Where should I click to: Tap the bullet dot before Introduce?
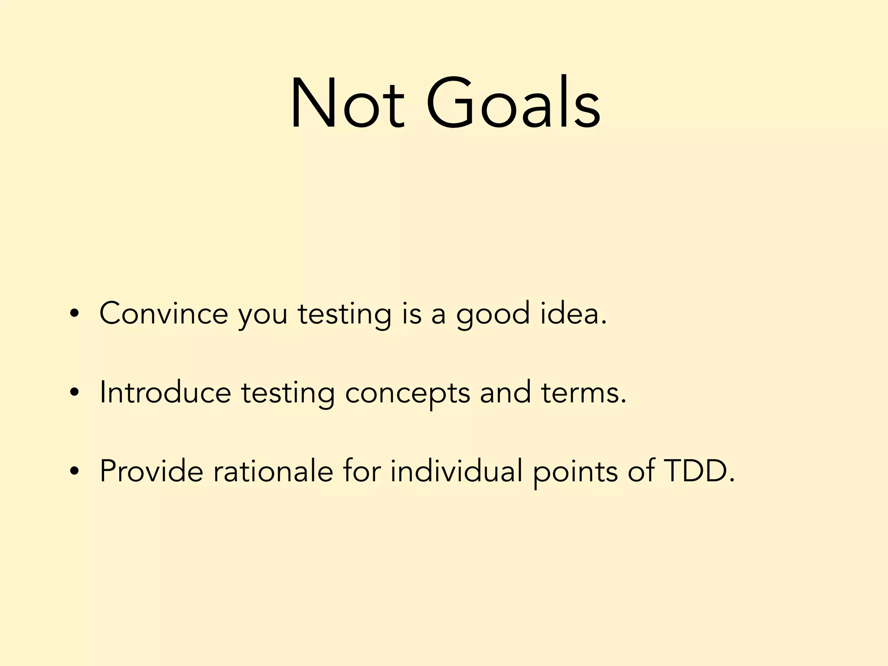(75, 393)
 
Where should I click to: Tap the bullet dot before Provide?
(75, 472)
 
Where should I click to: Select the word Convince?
(163, 313)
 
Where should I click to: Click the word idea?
(573, 313)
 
